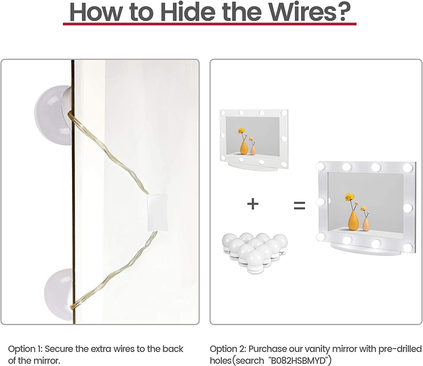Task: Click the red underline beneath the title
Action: click(x=210, y=24)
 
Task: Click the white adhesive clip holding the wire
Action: click(x=157, y=212)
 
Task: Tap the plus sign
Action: click(x=253, y=204)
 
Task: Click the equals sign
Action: click(x=299, y=205)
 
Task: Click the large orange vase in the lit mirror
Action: click(x=353, y=221)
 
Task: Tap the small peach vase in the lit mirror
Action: click(x=366, y=224)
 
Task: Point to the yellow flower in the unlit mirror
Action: click(x=241, y=131)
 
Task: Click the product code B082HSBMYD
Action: click(x=298, y=360)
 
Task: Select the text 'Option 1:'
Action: click(x=25, y=349)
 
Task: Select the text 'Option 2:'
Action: click(x=228, y=349)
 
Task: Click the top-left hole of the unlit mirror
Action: click(x=223, y=113)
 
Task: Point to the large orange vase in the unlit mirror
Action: click(x=244, y=148)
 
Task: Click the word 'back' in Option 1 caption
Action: click(x=173, y=349)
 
